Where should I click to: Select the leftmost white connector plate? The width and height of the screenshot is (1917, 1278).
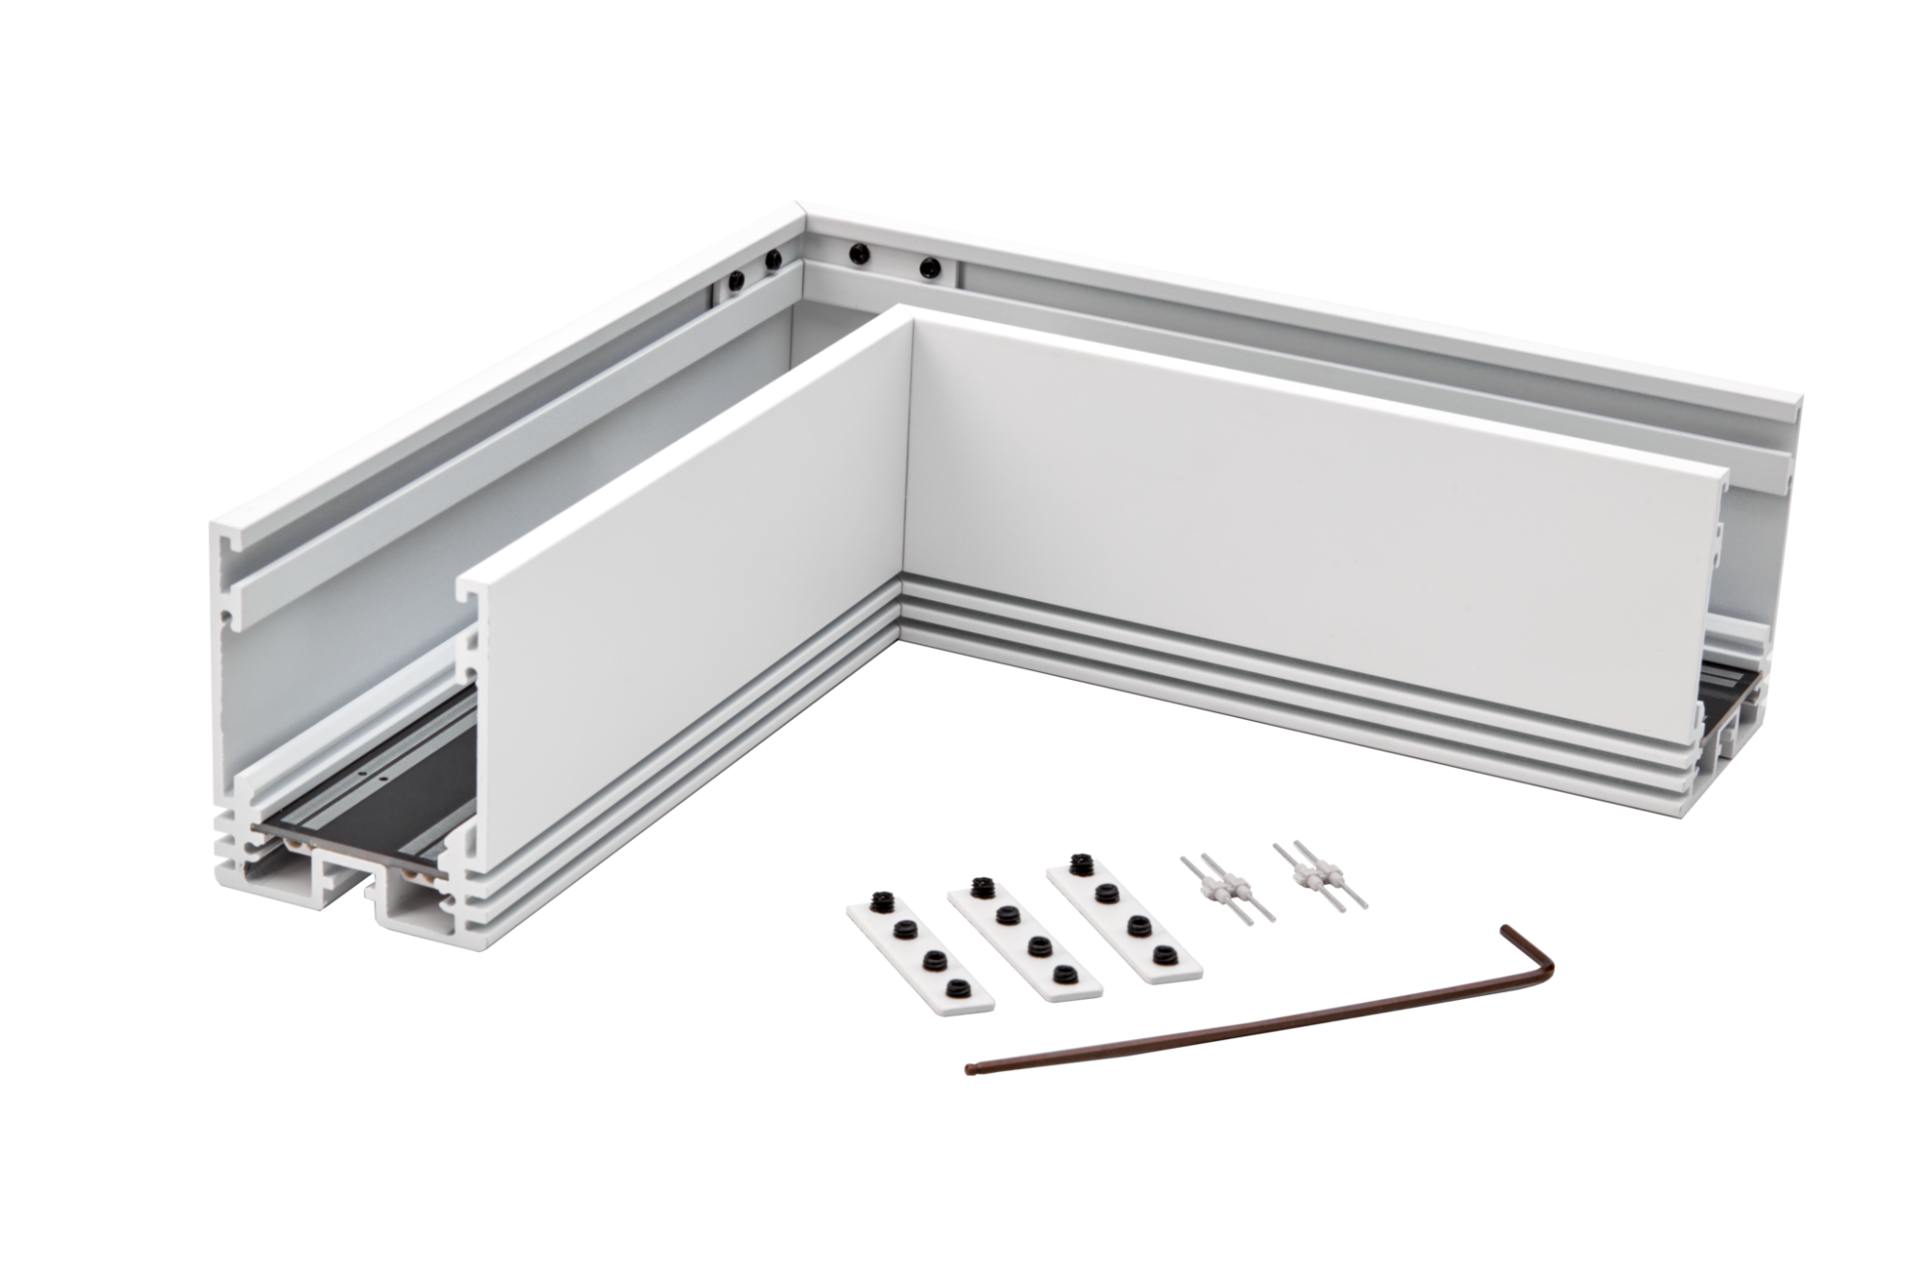[x=921, y=960]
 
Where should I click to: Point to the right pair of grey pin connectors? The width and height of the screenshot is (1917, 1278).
[x=1320, y=873]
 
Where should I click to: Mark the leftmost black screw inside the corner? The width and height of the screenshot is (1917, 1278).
[x=734, y=281]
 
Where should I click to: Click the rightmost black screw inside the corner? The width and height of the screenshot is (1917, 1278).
[x=927, y=268]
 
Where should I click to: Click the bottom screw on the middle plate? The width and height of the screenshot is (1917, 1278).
[x=1059, y=974]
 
